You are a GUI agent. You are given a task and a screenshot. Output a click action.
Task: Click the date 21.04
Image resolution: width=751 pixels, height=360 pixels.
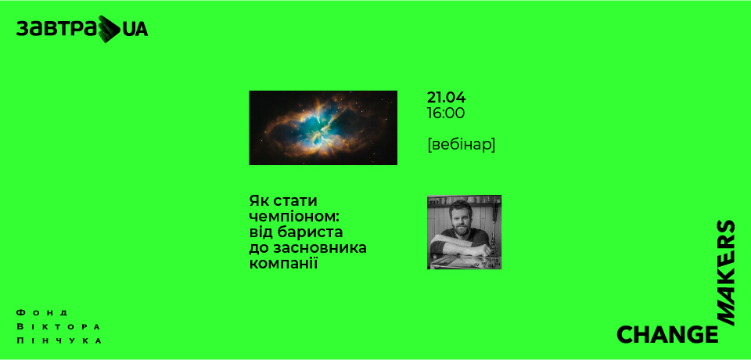point(446,98)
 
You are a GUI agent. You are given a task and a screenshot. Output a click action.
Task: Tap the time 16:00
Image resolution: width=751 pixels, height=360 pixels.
point(446,113)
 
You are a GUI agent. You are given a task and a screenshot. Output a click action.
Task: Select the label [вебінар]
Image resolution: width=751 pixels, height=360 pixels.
point(462,145)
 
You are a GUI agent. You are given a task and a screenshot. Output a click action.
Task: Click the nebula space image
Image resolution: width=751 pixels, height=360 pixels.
point(322,128)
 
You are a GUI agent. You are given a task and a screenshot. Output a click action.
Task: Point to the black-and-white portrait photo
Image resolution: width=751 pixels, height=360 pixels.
point(464,232)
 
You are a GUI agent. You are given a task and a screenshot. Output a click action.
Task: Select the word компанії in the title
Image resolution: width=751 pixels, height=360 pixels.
point(285,264)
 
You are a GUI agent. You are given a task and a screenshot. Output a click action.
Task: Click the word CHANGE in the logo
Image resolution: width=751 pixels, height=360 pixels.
point(667,335)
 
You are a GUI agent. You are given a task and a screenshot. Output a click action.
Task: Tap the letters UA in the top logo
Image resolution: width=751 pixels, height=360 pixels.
point(135,30)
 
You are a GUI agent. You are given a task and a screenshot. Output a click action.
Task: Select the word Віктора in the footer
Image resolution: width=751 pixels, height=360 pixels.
point(59,326)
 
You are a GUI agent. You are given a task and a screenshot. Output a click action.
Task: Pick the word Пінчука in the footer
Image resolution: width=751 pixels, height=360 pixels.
point(59,341)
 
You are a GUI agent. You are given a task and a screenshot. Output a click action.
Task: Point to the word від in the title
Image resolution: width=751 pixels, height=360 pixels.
point(261,232)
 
